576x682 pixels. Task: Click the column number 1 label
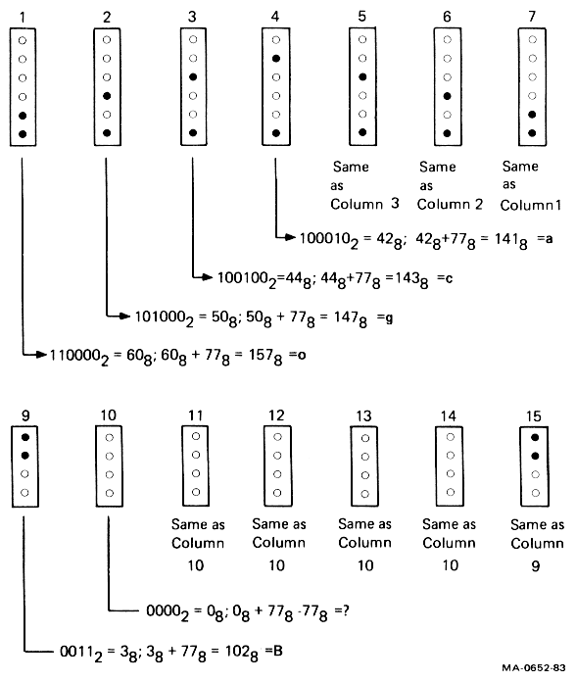(23, 17)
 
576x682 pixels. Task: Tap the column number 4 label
(275, 16)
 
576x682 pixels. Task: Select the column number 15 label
(534, 416)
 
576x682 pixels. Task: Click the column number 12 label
(276, 415)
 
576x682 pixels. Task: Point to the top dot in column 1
(23, 40)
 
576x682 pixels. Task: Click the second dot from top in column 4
(276, 58)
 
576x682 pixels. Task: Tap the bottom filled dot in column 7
(532, 133)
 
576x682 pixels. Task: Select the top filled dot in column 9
(25, 437)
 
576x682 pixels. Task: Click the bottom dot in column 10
(110, 493)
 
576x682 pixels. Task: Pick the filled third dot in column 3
(193, 77)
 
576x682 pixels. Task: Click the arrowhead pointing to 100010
(291, 237)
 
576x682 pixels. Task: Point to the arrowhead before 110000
(41, 355)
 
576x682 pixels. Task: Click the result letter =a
(545, 238)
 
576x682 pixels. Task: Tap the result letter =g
(385, 318)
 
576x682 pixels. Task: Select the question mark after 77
(346, 610)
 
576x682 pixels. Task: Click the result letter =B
(274, 651)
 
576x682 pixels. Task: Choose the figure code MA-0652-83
(534, 668)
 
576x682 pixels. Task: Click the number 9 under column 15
(536, 565)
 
